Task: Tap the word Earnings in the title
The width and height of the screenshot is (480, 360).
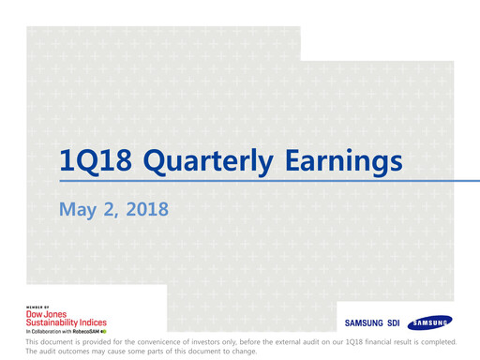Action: (342, 161)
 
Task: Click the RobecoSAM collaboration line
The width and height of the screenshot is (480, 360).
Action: (66, 331)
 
